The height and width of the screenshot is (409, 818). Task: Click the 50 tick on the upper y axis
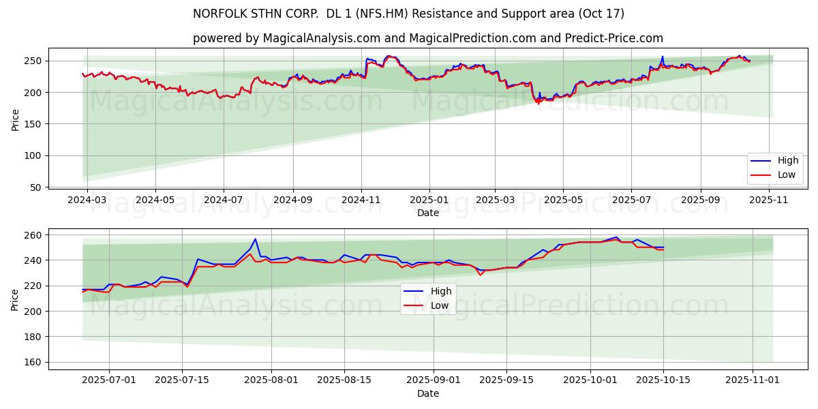tap(36, 187)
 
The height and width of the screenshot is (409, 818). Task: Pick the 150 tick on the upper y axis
tap(33, 124)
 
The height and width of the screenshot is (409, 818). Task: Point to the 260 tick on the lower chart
tap(33, 235)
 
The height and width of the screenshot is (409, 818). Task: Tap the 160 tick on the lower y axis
tap(33, 362)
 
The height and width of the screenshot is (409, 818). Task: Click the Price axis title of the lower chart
tap(15, 299)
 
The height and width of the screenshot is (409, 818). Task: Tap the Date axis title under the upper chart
tap(428, 213)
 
